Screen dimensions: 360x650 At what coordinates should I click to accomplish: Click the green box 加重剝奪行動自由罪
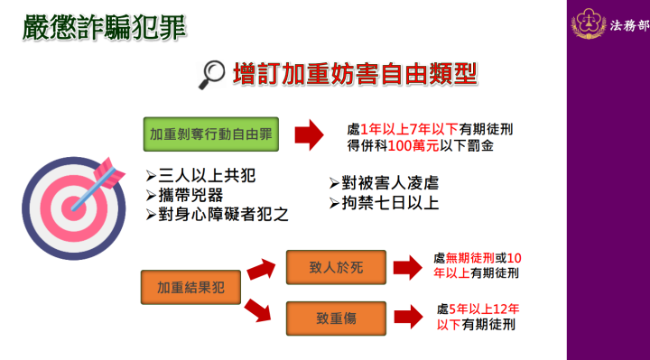[x=209, y=134]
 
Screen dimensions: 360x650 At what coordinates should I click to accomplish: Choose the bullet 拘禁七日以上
[x=385, y=202]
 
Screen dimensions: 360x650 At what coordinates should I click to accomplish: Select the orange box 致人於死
[x=336, y=266]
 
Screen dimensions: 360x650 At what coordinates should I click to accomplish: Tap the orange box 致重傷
[x=336, y=317]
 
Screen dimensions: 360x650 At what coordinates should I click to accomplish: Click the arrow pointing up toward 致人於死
[x=260, y=268]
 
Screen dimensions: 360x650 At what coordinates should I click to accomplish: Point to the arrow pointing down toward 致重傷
[x=259, y=309]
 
